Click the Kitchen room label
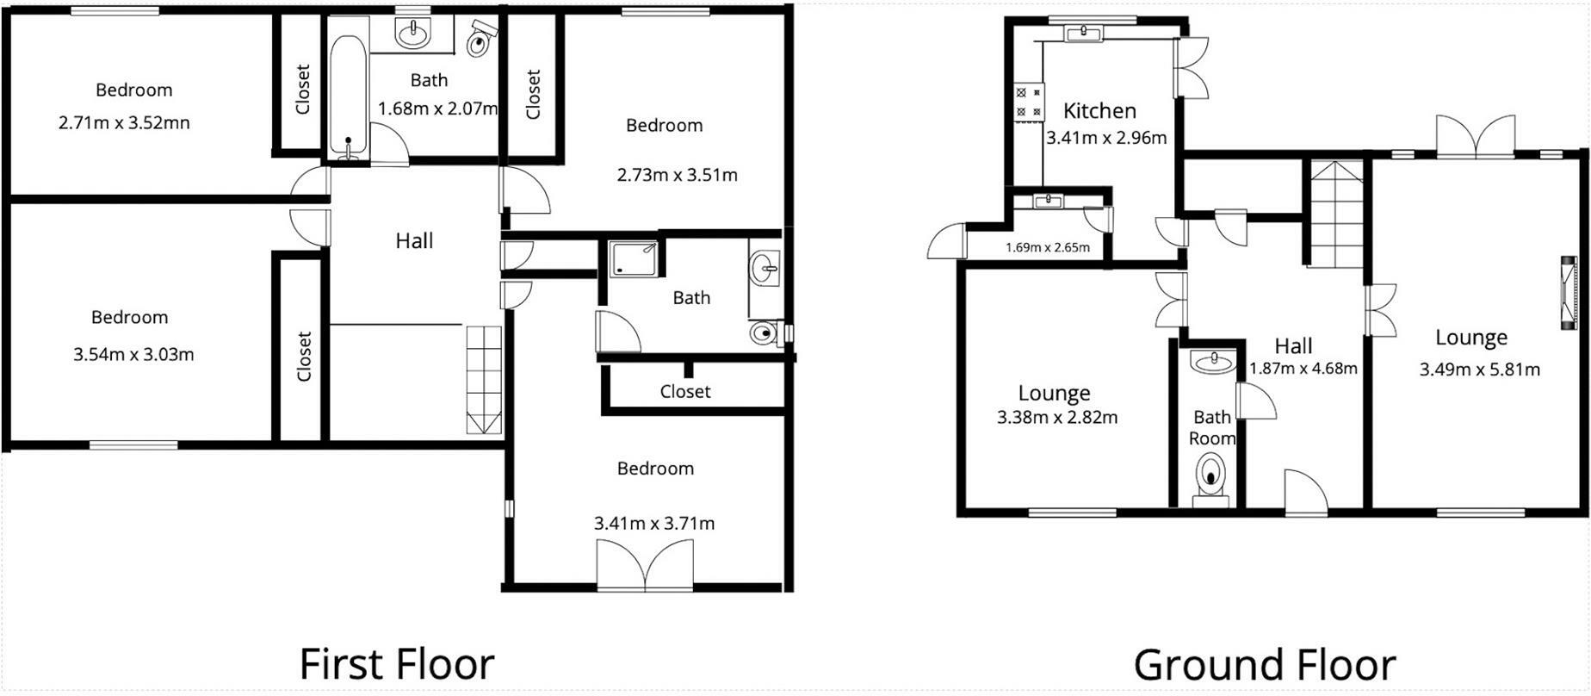[x=1099, y=110]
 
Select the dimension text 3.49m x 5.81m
[x=1479, y=370]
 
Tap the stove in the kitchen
[x=1028, y=102]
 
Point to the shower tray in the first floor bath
[x=634, y=258]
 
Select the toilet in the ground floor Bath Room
[x=1212, y=476]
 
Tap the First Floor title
[x=396, y=664]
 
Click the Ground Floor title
[x=1264, y=665]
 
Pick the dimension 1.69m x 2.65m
[x=1047, y=248]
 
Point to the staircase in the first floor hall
[x=483, y=379]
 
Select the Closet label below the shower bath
[x=685, y=391]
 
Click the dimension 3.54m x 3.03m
[x=133, y=354]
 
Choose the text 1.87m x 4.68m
[x=1303, y=369]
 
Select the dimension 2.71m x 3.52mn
[x=124, y=122]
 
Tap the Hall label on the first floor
[x=414, y=240]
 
